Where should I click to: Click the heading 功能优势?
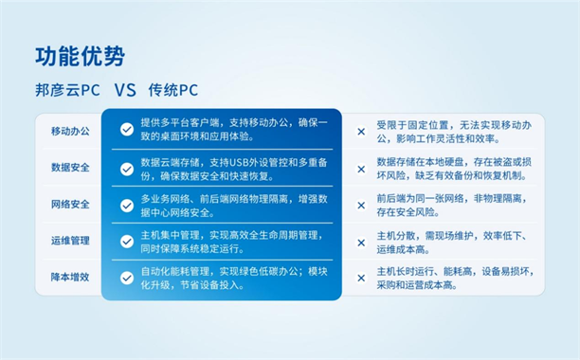pos(80,56)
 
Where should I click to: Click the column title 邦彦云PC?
pos(66,92)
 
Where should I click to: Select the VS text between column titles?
pos(126,92)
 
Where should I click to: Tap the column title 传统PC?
pos(175,92)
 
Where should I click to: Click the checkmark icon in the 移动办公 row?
pos(126,130)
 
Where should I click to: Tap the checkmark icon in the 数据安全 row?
pos(126,169)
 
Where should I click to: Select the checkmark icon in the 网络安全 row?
pos(126,205)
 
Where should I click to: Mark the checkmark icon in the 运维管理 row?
pos(126,242)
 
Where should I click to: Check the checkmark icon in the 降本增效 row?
pos(126,278)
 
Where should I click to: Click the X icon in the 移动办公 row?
pos(360,132)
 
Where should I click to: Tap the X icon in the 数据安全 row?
pos(360,169)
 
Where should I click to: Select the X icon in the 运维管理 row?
pos(360,243)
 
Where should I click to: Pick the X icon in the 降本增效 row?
pos(360,279)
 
